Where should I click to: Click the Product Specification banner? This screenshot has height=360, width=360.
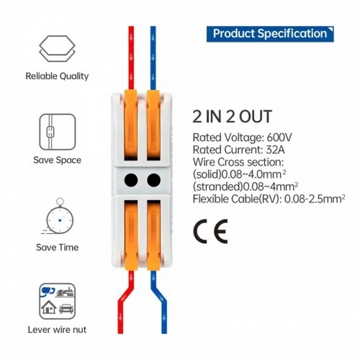[270, 34]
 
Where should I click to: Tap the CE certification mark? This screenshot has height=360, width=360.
[210, 231]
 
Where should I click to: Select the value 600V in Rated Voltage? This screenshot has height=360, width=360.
[279, 138]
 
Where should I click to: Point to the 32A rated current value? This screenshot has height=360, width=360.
[275, 150]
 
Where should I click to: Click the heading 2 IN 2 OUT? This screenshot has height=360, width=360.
[232, 117]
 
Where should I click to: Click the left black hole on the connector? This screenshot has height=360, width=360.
[131, 180]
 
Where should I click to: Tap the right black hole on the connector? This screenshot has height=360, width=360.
[153, 180]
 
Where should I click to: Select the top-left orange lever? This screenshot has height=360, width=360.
[131, 125]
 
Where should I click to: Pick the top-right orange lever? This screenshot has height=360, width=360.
[153, 125]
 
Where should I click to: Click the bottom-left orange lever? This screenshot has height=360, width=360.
[131, 235]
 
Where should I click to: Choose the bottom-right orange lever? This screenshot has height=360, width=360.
[153, 235]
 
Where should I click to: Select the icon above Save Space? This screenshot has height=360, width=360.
[58, 132]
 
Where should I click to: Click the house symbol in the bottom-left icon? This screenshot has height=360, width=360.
[49, 307]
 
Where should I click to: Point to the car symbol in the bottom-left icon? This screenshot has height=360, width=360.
[66, 309]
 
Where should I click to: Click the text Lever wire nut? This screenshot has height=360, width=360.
[57, 330]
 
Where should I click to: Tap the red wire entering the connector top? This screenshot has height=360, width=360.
[131, 58]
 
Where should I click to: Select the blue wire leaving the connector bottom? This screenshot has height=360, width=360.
[160, 302]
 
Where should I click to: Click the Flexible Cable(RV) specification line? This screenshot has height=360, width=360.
[269, 199]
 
